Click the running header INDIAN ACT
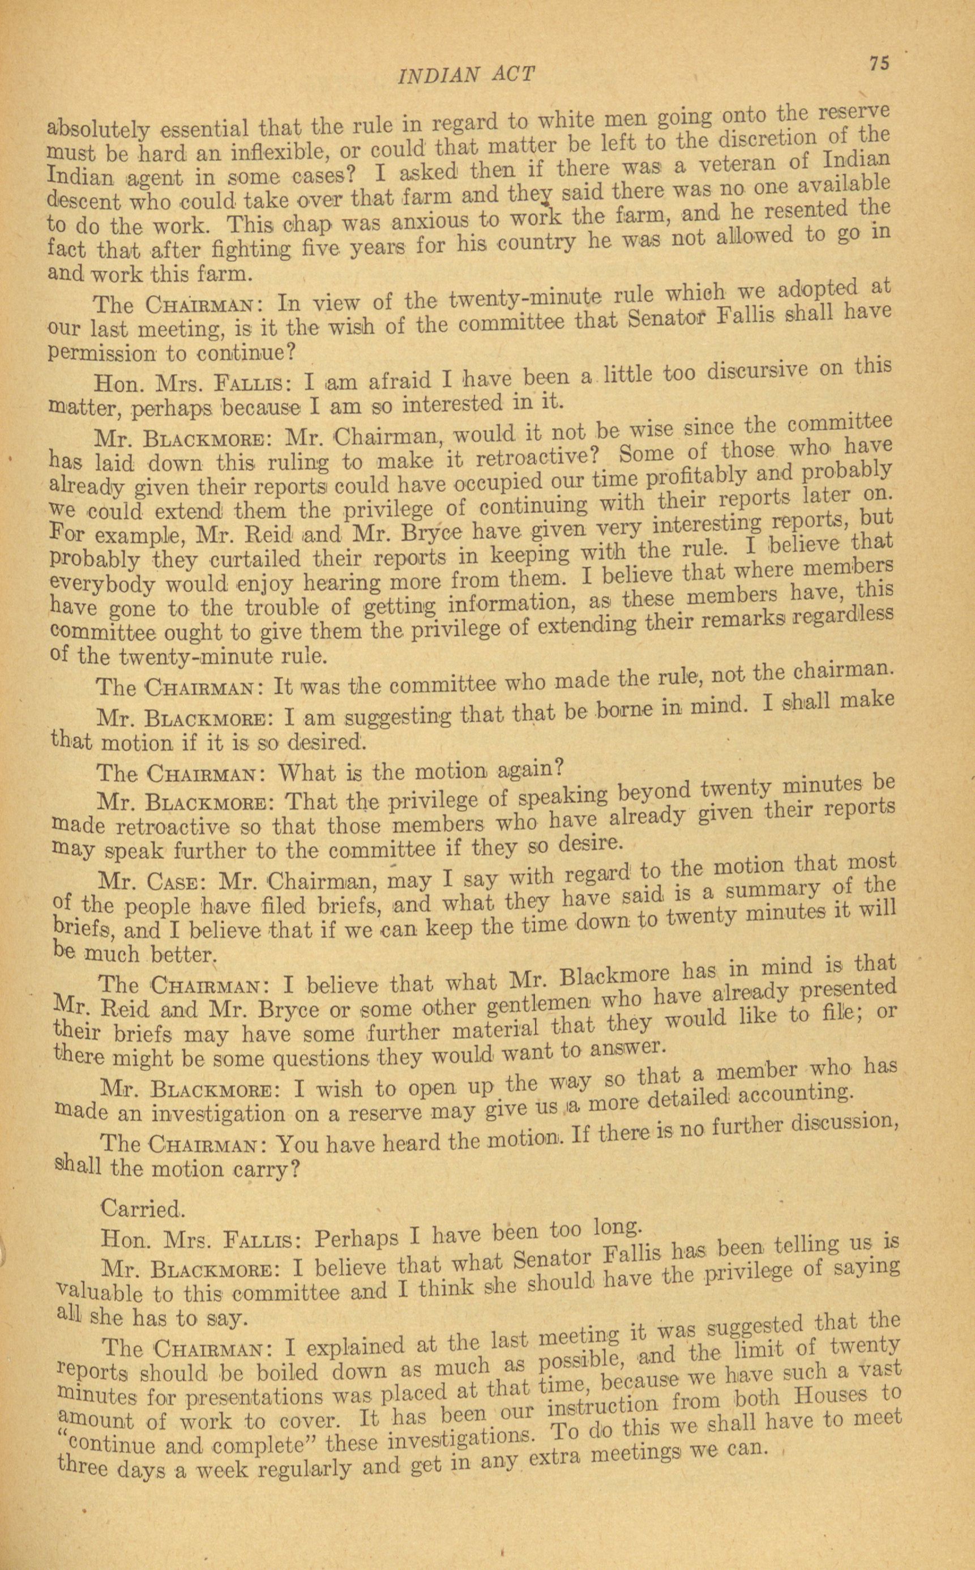tap(467, 75)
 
